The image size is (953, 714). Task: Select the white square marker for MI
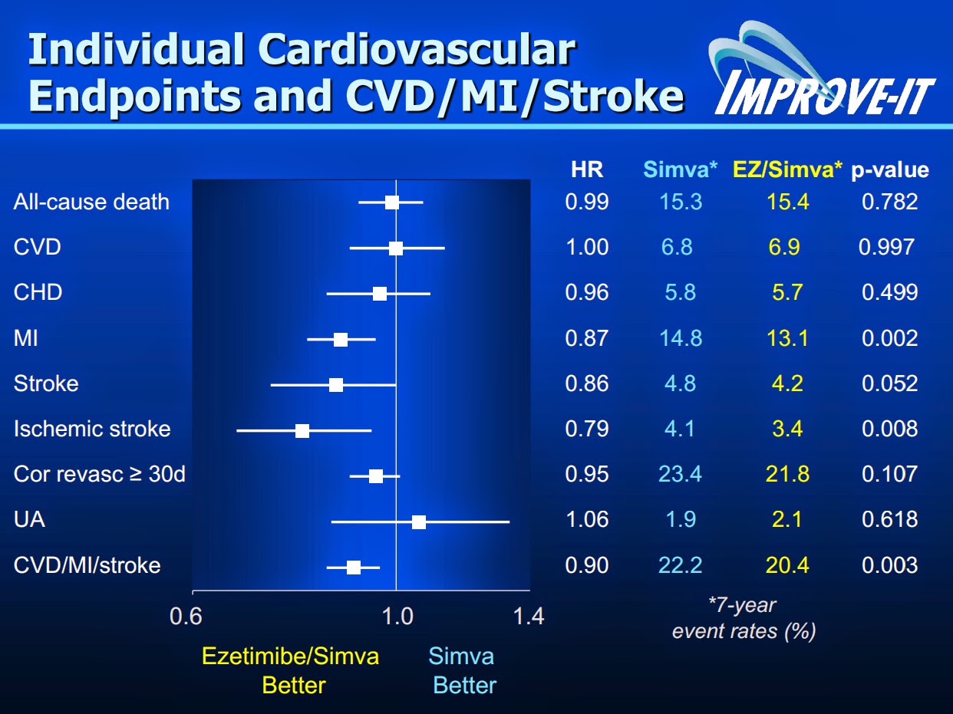(x=341, y=339)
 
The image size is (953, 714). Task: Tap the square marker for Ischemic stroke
(x=302, y=430)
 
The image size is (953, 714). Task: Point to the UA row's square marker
(x=418, y=522)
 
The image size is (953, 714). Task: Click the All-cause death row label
(x=91, y=202)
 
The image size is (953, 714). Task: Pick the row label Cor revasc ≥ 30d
(x=100, y=474)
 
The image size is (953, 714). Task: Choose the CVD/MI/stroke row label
(x=87, y=565)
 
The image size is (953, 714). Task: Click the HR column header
(x=587, y=169)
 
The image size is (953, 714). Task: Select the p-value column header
(x=890, y=170)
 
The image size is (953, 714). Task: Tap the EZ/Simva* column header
(x=787, y=169)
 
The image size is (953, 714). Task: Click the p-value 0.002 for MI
(x=890, y=338)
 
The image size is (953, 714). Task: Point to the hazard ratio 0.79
(x=587, y=429)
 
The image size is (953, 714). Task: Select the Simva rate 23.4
(x=680, y=474)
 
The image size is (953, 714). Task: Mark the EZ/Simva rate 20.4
(x=787, y=565)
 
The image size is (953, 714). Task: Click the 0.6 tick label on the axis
(x=186, y=616)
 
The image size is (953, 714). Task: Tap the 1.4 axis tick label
(x=527, y=616)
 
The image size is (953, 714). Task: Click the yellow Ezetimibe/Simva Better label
(x=290, y=670)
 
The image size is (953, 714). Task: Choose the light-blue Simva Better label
(x=463, y=670)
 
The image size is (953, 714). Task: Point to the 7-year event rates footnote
(x=743, y=618)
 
